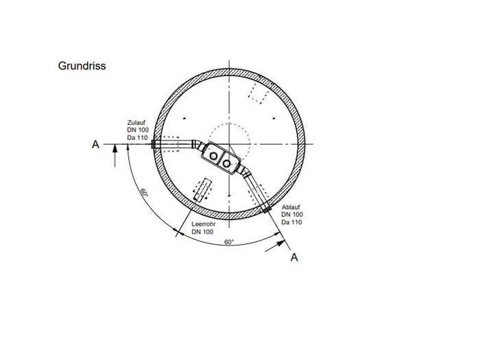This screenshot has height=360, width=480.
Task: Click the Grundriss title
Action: click(x=82, y=66)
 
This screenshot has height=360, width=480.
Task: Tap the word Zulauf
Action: click(x=136, y=123)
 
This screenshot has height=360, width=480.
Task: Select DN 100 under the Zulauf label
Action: click(x=138, y=130)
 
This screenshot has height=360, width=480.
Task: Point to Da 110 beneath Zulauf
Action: click(x=137, y=138)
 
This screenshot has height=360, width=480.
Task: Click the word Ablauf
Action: click(x=291, y=207)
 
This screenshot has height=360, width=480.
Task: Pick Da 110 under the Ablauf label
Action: click(x=291, y=222)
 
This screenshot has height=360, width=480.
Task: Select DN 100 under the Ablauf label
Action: click(x=292, y=215)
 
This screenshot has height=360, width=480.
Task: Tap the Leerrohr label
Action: click(x=204, y=224)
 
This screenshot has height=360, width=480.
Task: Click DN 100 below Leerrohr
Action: click(x=202, y=232)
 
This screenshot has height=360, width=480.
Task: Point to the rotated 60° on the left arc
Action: click(x=144, y=193)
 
